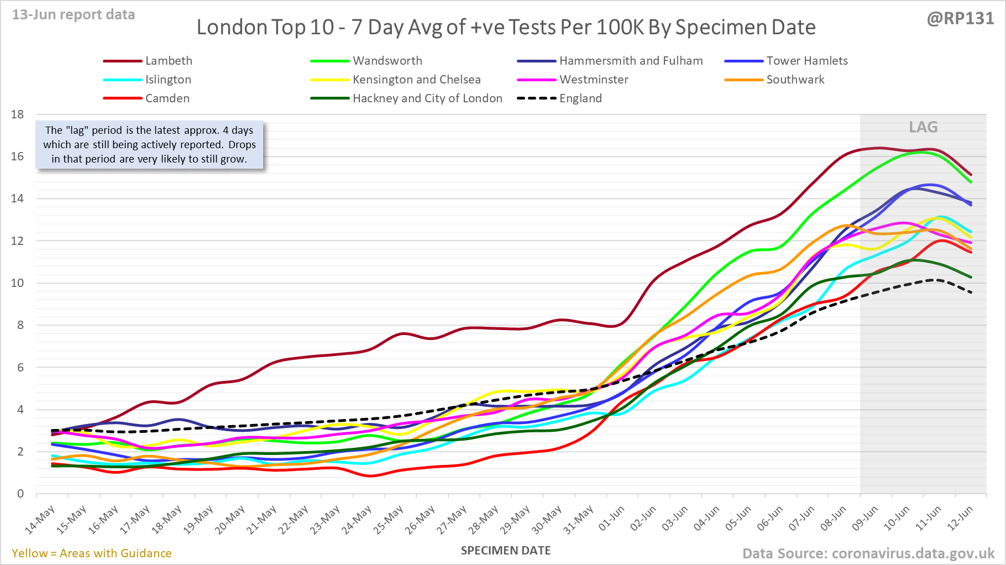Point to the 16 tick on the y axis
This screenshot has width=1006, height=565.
pos(18,156)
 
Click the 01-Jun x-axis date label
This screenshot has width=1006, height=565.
pos(612,519)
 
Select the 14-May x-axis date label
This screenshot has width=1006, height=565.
pos(40,520)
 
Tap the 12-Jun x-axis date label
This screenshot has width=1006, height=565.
pos(960,519)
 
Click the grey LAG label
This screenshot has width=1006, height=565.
pos(923,127)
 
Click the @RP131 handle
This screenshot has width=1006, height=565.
pos(960,19)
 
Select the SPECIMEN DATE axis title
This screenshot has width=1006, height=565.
pos(506,551)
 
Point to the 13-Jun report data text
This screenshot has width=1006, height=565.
pos(74,15)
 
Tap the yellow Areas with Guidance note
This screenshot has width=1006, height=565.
pos(92,553)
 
